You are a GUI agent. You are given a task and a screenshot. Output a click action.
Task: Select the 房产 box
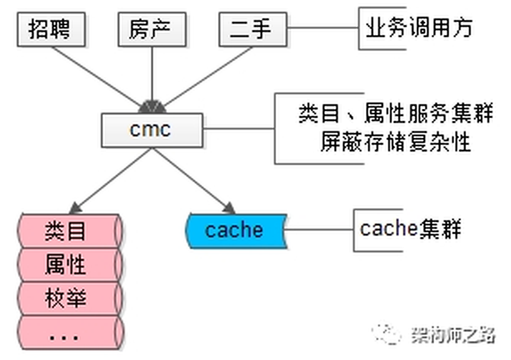click(152, 30)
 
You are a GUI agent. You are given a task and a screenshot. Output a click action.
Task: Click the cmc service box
click(152, 129)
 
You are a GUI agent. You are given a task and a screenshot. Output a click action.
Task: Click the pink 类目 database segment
click(67, 230)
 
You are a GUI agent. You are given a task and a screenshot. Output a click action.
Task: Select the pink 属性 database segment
click(67, 264)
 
